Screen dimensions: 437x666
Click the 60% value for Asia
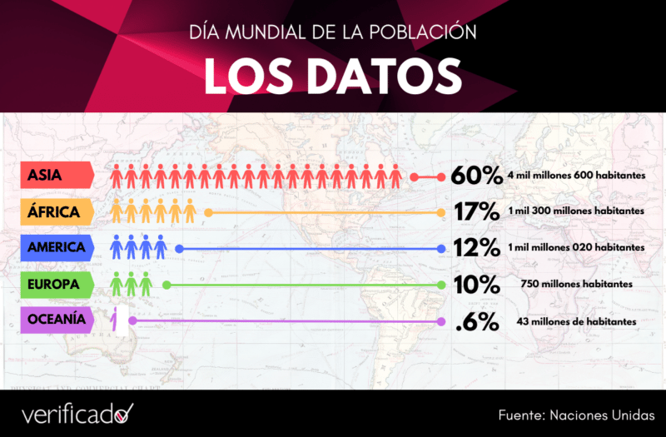click(x=476, y=176)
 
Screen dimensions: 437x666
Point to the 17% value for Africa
click(x=476, y=212)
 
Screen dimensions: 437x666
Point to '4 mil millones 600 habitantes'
click(x=576, y=176)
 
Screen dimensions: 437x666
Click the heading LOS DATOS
click(x=333, y=76)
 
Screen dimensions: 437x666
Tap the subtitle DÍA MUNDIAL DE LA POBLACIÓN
click(x=333, y=33)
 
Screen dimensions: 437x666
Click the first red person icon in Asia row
click(x=117, y=176)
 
